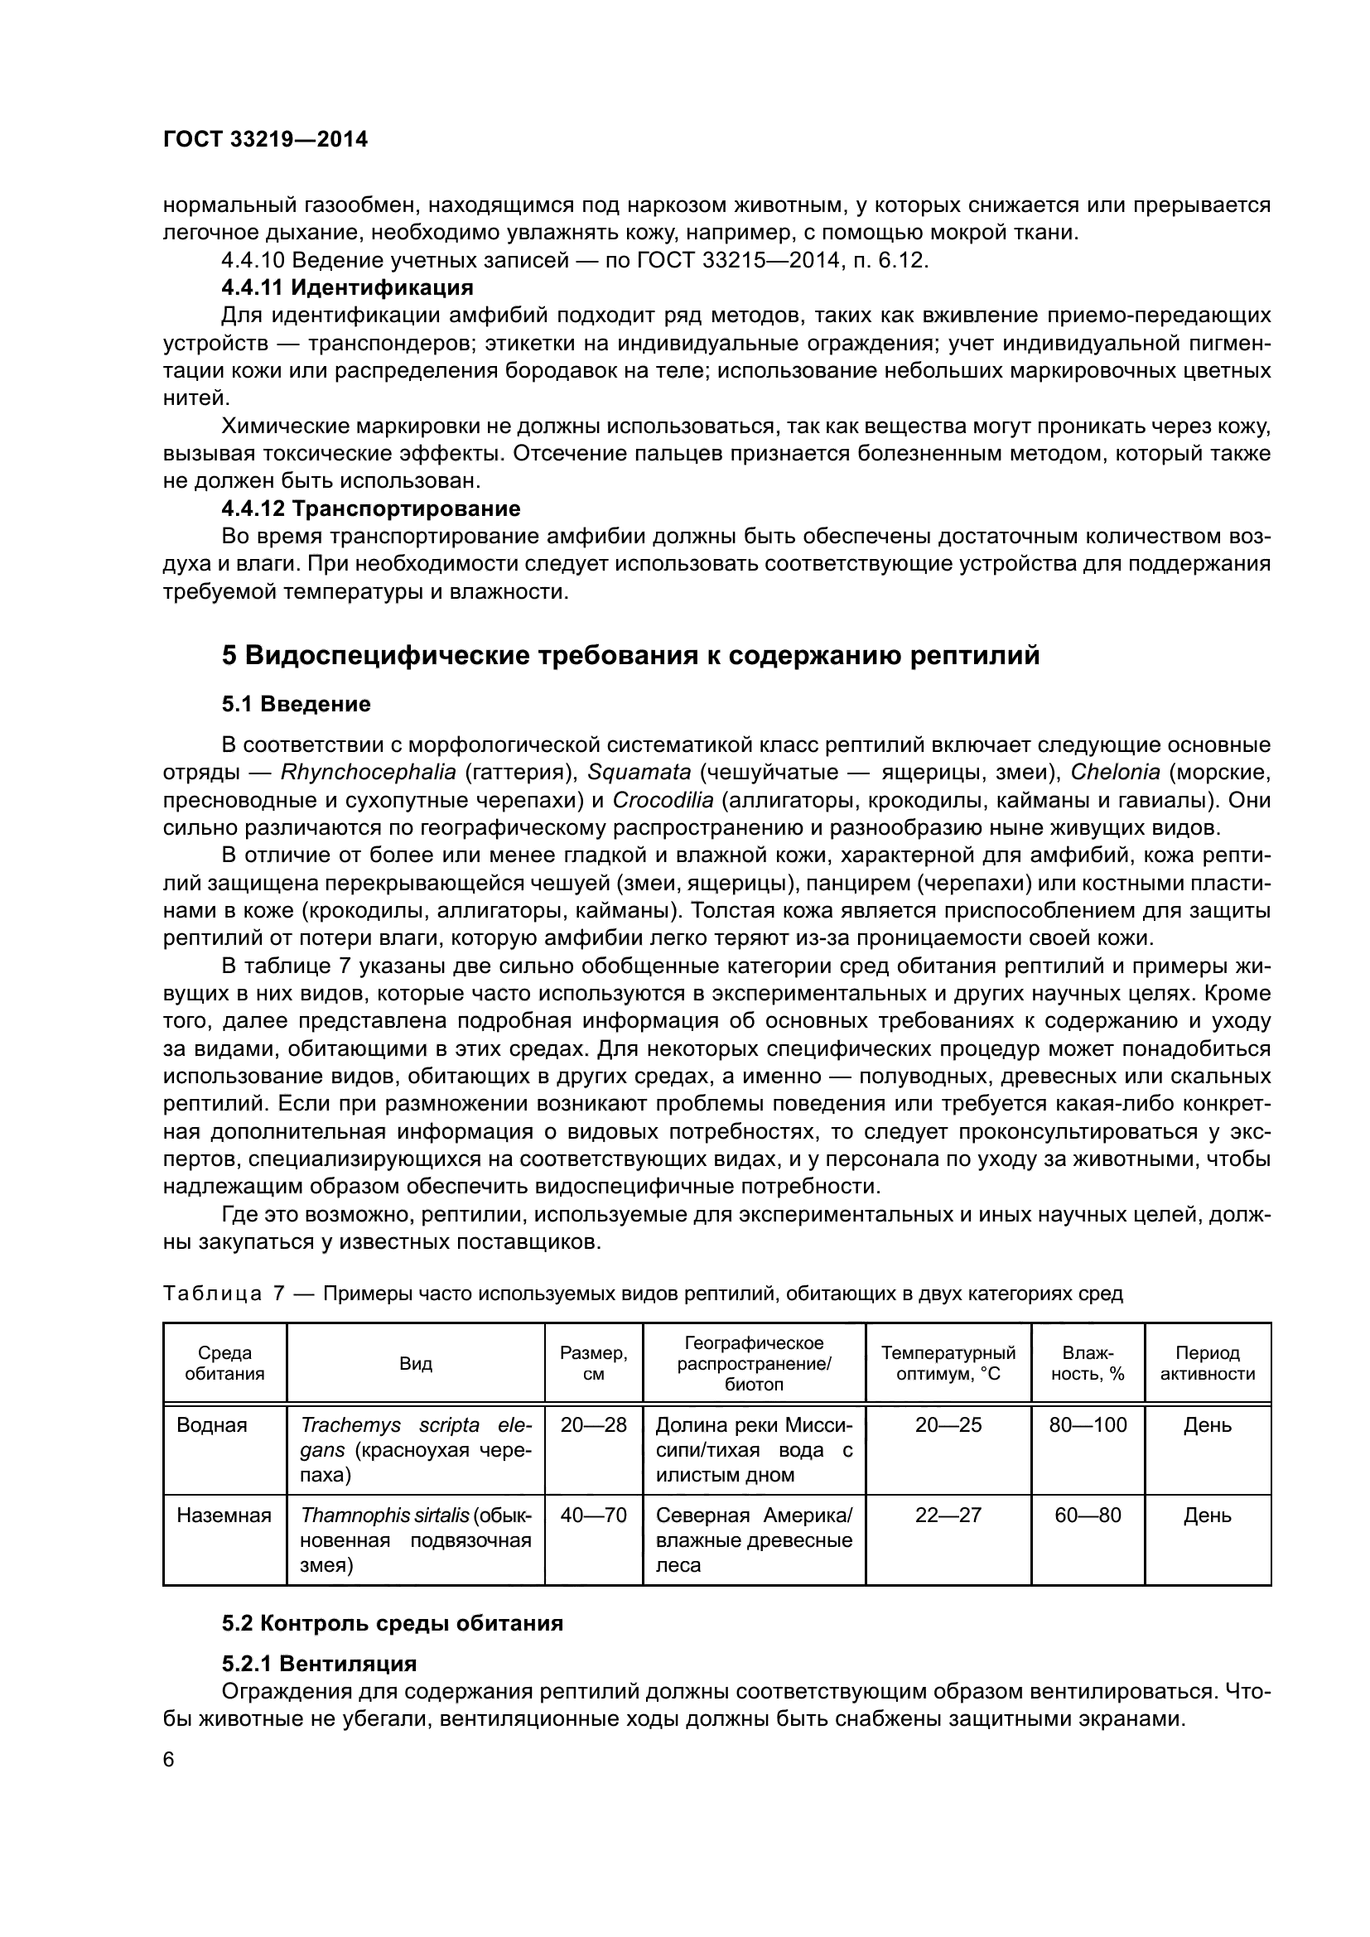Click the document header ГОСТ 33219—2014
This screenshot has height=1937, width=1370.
[x=265, y=139]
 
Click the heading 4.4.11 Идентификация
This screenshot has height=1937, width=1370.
[x=348, y=287]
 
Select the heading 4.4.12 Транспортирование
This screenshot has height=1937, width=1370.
[x=371, y=508]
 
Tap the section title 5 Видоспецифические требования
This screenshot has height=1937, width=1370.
[x=630, y=655]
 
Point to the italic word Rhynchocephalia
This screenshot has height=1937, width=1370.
[x=369, y=772]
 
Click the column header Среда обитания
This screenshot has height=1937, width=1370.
[x=224, y=1362]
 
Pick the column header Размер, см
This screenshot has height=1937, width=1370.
[x=593, y=1362]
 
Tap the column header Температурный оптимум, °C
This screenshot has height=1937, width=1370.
[x=948, y=1362]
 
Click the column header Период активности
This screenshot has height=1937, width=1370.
[x=1207, y=1362]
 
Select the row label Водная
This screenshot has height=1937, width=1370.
[x=212, y=1425]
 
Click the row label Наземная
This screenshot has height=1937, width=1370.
[x=224, y=1515]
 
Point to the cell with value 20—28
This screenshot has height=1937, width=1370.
[x=593, y=1425]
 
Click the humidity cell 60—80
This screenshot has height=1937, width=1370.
[x=1088, y=1515]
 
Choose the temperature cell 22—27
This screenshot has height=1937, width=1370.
[x=948, y=1515]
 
